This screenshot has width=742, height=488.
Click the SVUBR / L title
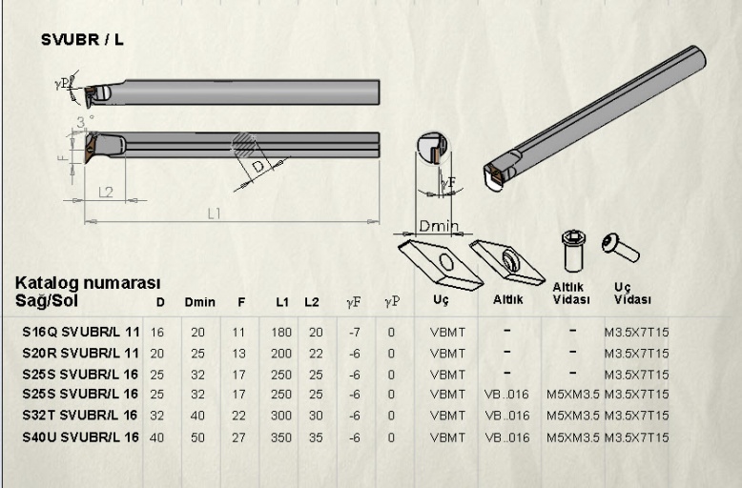tap(82, 40)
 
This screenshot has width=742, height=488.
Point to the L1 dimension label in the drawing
tap(215, 213)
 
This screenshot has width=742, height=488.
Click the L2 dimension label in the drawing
tap(106, 193)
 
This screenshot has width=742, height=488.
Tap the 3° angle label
tap(84, 122)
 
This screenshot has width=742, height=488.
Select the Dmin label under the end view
tap(439, 226)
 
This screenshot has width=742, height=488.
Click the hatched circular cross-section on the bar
tap(243, 144)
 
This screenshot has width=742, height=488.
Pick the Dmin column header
tap(199, 302)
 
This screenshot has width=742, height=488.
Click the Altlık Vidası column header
tap(571, 294)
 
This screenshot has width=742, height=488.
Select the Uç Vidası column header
tap(632, 294)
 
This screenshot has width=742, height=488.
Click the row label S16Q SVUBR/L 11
tap(81, 332)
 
